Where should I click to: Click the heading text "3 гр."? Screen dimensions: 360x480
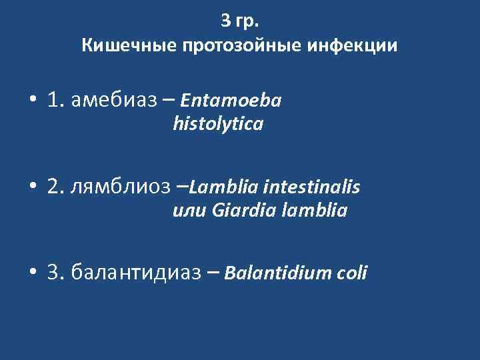pos(240,21)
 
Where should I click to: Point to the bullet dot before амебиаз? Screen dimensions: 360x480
pos(32,101)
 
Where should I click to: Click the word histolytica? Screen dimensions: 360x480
pos(217,124)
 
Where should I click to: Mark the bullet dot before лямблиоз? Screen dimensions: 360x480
pos(32,188)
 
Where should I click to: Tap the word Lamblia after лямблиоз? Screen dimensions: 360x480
pos(217,188)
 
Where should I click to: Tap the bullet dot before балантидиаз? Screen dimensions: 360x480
pos(32,273)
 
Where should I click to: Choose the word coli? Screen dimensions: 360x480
pos(350,273)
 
